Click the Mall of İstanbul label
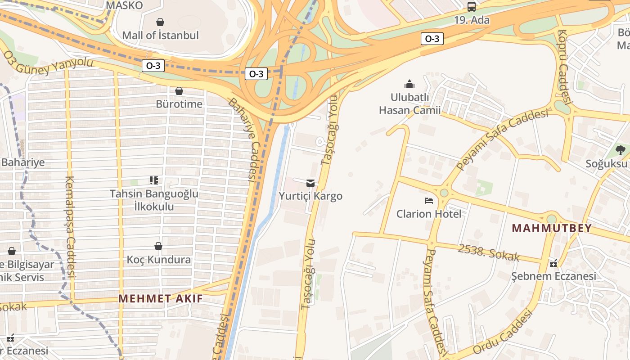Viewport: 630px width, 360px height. (x=160, y=35)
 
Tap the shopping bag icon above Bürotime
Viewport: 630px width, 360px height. (x=179, y=91)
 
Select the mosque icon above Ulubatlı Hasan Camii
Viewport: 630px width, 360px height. (x=409, y=84)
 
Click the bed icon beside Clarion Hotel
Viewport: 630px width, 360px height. (x=429, y=200)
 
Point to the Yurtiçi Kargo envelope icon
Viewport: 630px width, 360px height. (x=310, y=183)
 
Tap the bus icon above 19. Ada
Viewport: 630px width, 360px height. (x=471, y=7)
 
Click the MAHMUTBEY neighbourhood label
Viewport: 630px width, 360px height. (x=552, y=228)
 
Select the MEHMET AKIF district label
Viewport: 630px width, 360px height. (x=160, y=298)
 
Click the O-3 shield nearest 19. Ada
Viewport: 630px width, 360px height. (x=432, y=39)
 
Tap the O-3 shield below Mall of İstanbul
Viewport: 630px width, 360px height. (x=153, y=66)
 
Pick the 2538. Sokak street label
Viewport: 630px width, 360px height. (x=489, y=253)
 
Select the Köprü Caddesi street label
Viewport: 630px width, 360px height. (x=563, y=67)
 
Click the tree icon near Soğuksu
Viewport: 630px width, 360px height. (x=621, y=150)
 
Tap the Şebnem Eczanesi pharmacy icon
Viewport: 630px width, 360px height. (x=553, y=263)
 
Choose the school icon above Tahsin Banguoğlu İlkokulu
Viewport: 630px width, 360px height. (x=154, y=180)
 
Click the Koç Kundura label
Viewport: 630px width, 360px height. (x=158, y=260)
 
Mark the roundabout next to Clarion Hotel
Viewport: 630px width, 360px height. (x=444, y=193)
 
